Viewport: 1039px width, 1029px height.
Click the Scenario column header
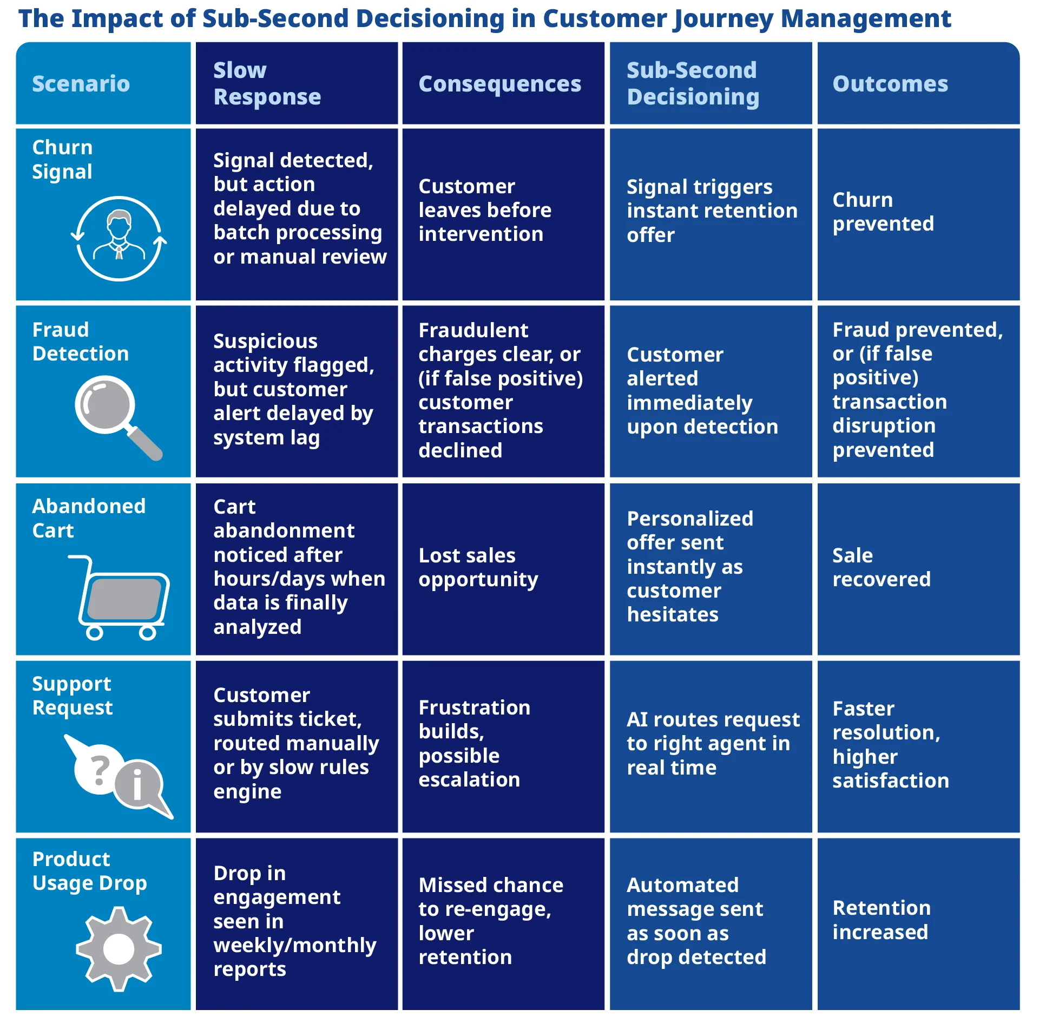coord(81,84)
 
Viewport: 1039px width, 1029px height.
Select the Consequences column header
coord(499,84)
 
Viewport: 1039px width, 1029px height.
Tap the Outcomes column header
coord(890,84)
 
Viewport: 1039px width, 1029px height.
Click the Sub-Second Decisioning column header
coord(693,83)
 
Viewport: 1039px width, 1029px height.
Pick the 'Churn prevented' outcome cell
coord(883,212)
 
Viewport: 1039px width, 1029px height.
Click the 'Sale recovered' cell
coord(881,567)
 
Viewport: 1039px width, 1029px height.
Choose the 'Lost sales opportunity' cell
coord(478,567)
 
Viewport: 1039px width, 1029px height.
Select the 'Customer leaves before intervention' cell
coord(484,210)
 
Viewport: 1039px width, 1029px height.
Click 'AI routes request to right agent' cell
coord(712,743)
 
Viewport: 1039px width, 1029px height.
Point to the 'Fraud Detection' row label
coord(80,342)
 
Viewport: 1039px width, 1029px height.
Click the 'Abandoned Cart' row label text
coord(89,518)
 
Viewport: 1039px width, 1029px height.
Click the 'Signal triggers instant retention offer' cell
coord(712,211)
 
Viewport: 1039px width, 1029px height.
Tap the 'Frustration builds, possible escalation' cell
coord(474,743)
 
